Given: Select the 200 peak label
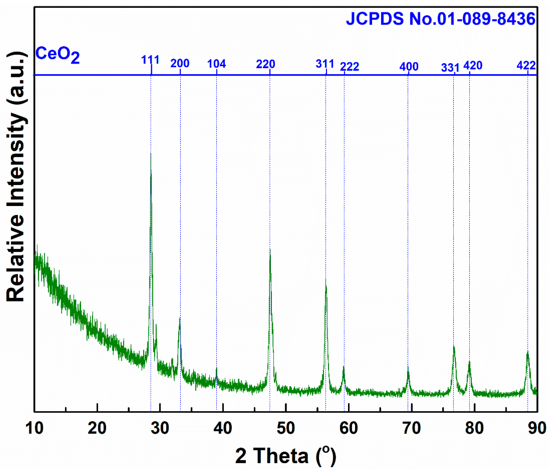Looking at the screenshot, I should [x=180, y=63].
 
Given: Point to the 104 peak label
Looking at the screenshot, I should [x=216, y=64].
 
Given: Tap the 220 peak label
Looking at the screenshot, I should [x=265, y=64].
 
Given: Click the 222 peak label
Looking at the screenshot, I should [x=349, y=67].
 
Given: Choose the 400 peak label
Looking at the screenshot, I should [x=409, y=67].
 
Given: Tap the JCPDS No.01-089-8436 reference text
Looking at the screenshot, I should [x=440, y=19].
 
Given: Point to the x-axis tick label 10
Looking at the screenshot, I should [x=35, y=428].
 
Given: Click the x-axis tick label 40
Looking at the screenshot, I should [x=223, y=428].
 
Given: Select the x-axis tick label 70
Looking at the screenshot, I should [x=411, y=428].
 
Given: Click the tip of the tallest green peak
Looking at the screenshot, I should [x=151, y=153].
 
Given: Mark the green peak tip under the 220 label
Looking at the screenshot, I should [x=270, y=249].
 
